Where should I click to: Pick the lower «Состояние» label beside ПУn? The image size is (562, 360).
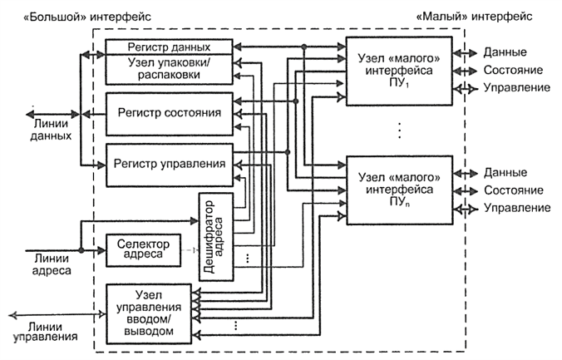point(515,190)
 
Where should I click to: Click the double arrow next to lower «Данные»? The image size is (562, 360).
point(468,171)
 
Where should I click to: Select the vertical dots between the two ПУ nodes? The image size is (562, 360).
point(400,131)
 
